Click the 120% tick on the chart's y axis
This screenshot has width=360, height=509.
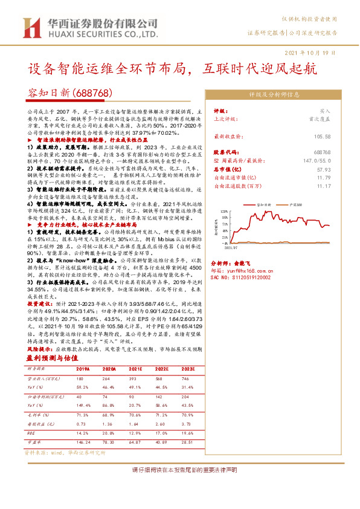[223, 212]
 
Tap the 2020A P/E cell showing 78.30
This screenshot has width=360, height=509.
[109, 442]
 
